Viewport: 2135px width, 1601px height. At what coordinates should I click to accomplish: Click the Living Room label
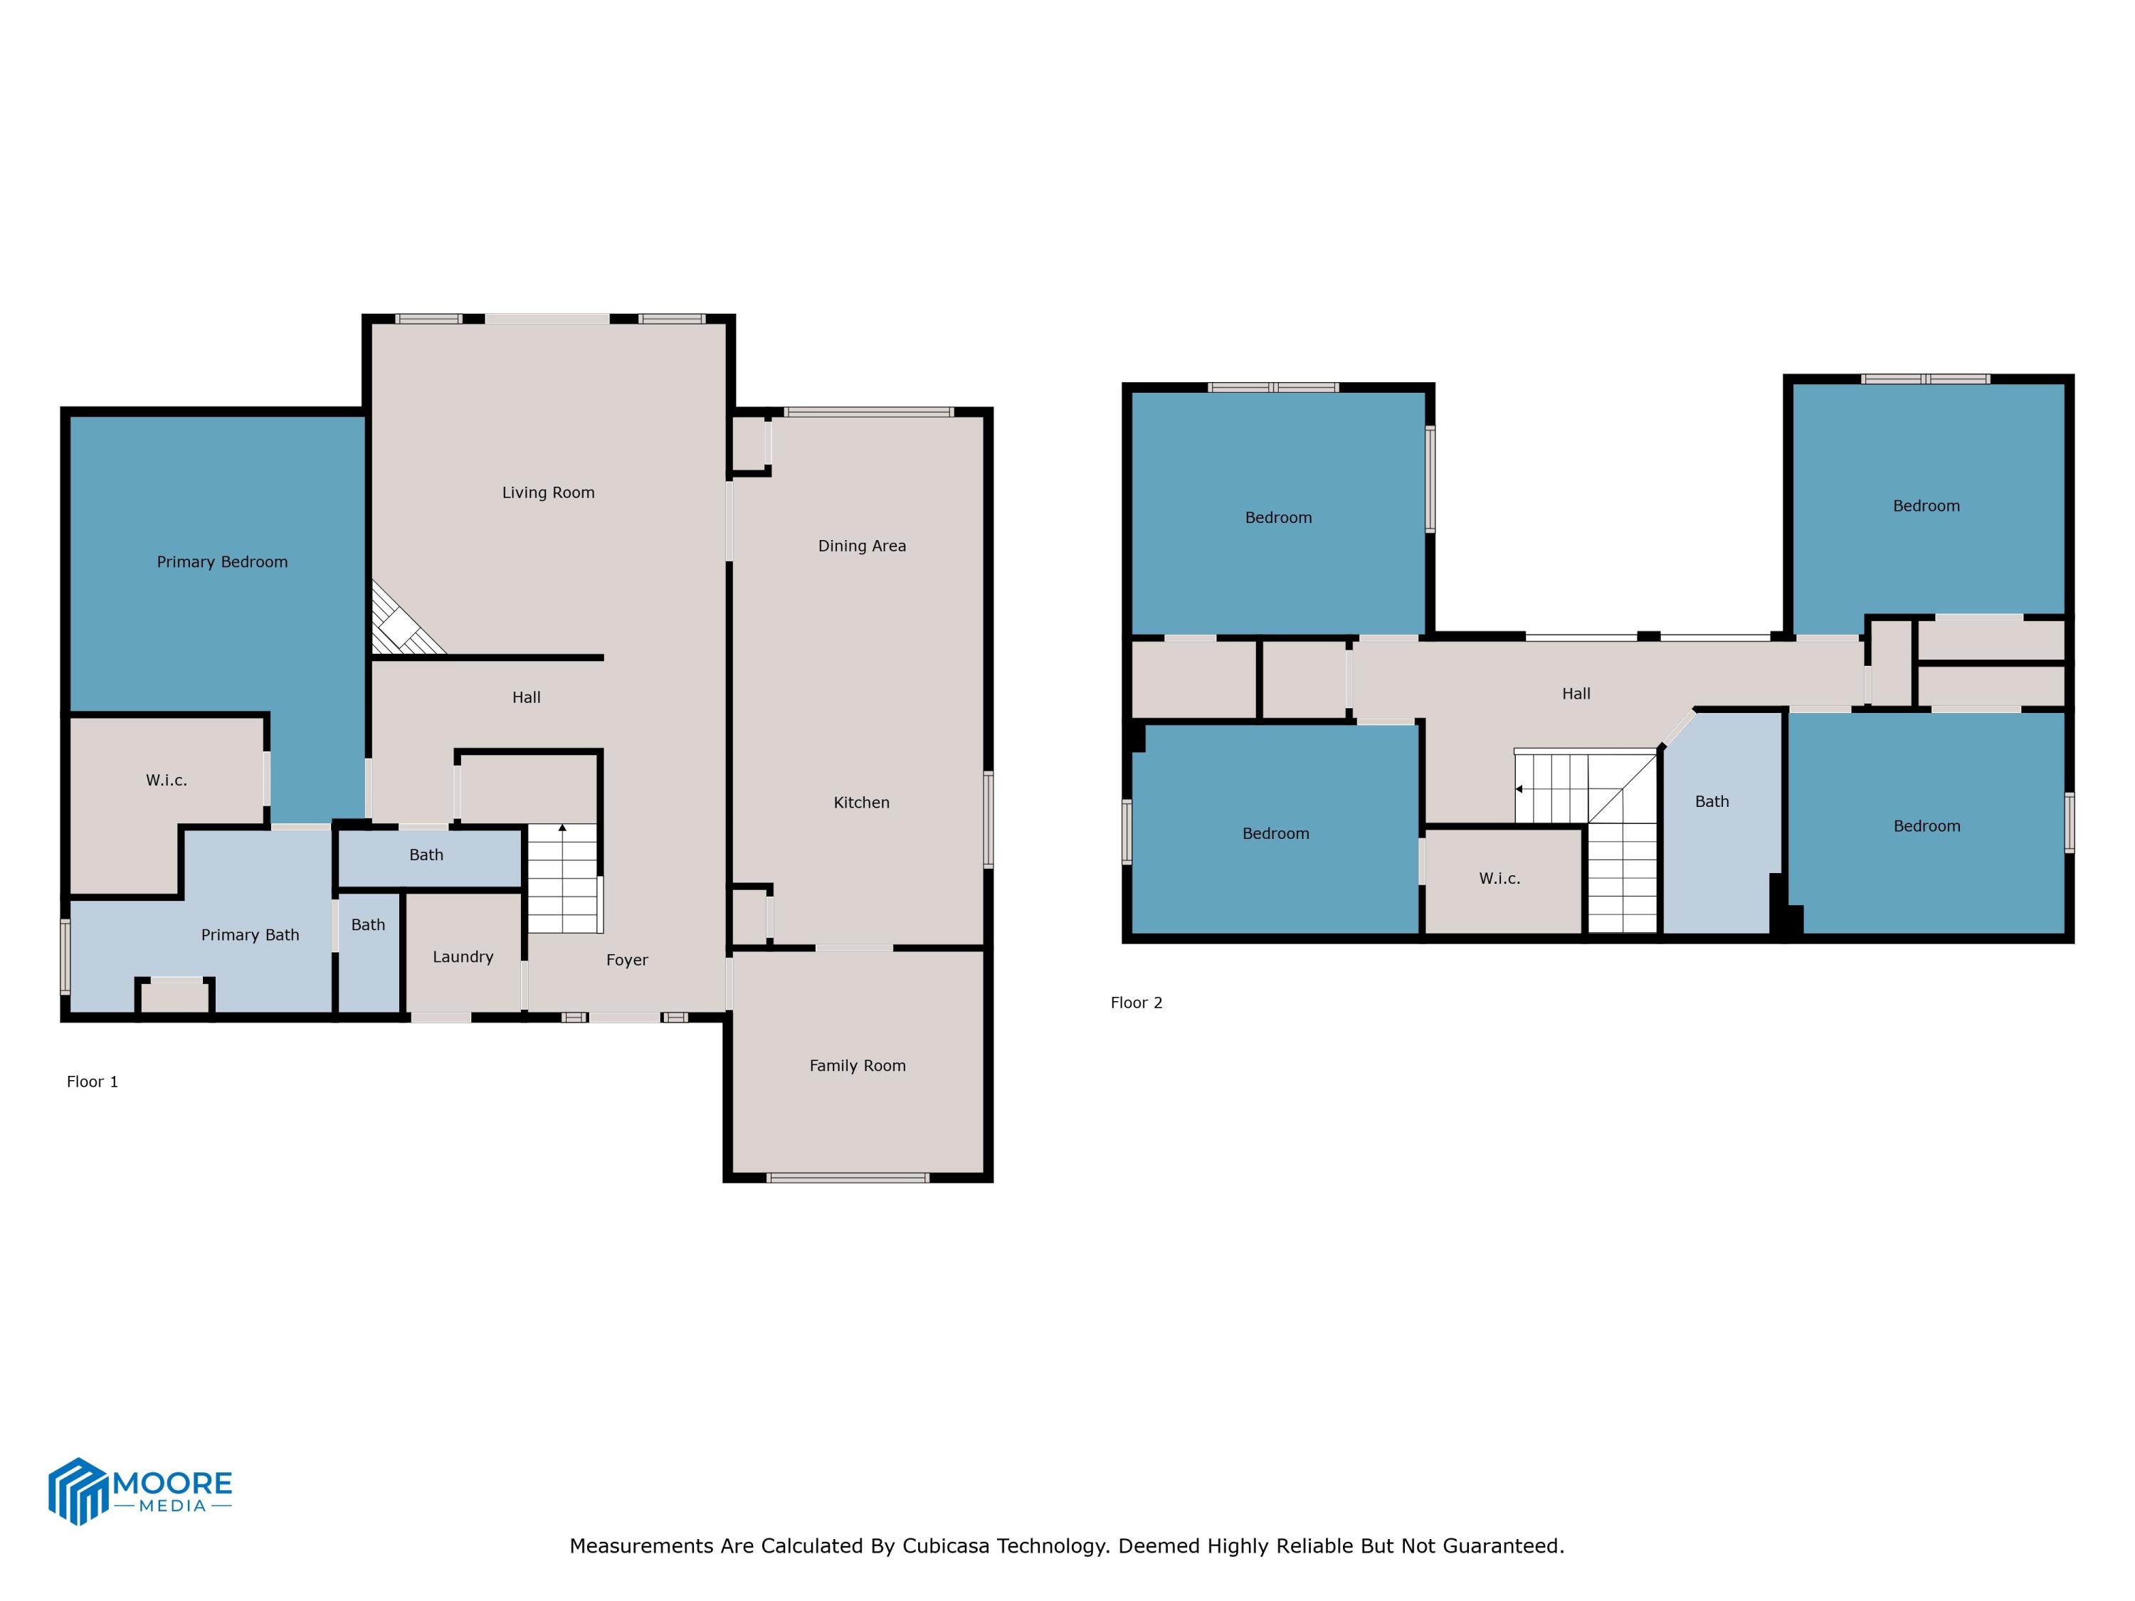(x=547, y=492)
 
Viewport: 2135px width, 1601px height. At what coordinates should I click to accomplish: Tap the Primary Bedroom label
(x=222, y=561)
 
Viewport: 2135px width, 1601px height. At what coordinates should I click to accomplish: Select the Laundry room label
(x=463, y=956)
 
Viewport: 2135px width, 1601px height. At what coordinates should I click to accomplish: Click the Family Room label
(x=857, y=1065)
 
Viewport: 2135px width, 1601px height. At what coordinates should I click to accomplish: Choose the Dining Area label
(x=861, y=545)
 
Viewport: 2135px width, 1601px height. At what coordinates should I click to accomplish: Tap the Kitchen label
(x=861, y=802)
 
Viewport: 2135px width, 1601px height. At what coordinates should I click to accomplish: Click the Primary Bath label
(x=250, y=934)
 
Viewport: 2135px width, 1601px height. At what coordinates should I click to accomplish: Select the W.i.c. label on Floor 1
(x=166, y=780)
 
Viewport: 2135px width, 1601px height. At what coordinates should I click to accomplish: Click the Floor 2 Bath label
(x=1712, y=801)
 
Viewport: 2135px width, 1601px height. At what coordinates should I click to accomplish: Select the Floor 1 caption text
(x=92, y=1081)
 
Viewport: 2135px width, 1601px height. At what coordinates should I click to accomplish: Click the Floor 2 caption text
(x=1136, y=1002)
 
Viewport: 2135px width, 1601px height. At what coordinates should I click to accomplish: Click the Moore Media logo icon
(x=77, y=1491)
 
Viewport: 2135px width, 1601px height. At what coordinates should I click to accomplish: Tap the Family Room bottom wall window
(x=848, y=1178)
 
